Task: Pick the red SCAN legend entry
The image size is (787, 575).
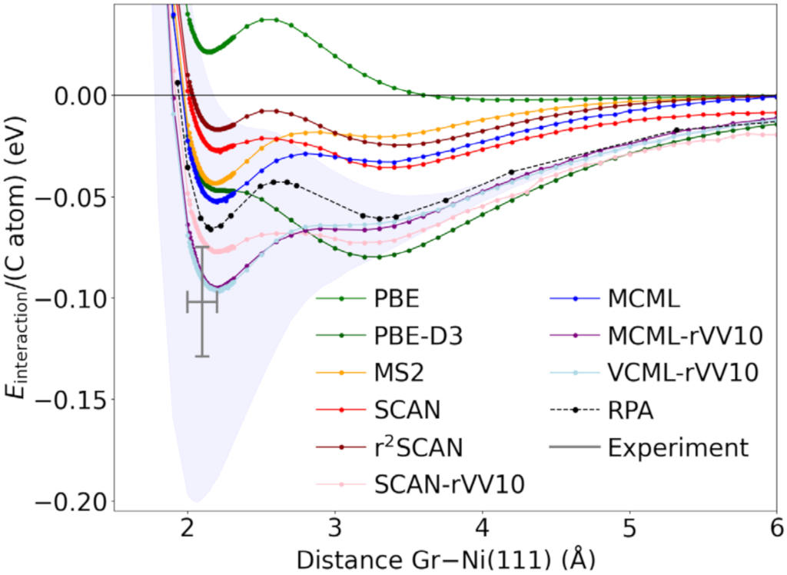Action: click(x=407, y=410)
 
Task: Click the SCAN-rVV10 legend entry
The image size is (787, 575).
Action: click(x=449, y=484)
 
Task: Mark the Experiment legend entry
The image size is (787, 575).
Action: click(x=677, y=447)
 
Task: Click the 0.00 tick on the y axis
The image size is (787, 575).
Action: click(x=81, y=95)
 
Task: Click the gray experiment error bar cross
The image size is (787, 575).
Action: click(x=202, y=302)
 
